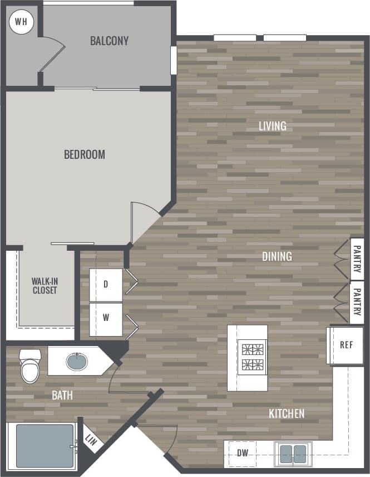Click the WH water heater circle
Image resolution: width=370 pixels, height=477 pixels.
click(21, 22)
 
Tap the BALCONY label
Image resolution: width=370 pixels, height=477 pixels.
click(110, 41)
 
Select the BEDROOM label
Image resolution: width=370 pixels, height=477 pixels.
click(85, 154)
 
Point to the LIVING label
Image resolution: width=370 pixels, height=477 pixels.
click(273, 126)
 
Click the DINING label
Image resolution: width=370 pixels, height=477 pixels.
click(277, 256)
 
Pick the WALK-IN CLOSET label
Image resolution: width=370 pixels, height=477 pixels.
click(45, 286)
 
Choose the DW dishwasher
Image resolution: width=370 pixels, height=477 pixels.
click(243, 453)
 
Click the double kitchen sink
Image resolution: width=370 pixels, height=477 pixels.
click(293, 454)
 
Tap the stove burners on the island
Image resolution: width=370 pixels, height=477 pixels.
click(252, 358)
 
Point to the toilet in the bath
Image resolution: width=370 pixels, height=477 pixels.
click(30, 366)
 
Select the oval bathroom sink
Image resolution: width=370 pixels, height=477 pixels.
click(77, 362)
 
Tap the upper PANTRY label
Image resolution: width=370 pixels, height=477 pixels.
click(357, 259)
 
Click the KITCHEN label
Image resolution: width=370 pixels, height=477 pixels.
click(287, 413)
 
